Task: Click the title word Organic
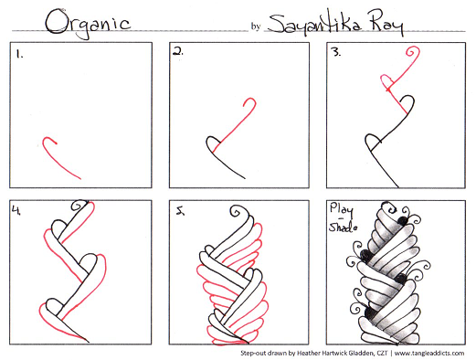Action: [x=89, y=24]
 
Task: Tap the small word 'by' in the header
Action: [x=256, y=26]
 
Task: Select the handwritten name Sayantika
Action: [x=314, y=24]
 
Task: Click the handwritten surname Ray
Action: [x=386, y=23]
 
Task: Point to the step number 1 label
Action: [x=19, y=55]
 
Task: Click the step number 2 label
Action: [x=178, y=52]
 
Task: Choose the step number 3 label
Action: [x=336, y=52]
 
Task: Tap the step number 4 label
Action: [x=16, y=210]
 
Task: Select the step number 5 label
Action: [x=181, y=210]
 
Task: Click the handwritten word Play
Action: [x=342, y=210]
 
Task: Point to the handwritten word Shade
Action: [x=343, y=228]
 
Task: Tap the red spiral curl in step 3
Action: [x=413, y=52]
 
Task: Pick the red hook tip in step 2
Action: [x=250, y=102]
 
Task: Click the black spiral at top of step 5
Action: [x=237, y=211]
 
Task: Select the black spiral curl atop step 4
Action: [x=78, y=206]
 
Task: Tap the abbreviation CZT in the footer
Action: [x=382, y=354]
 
